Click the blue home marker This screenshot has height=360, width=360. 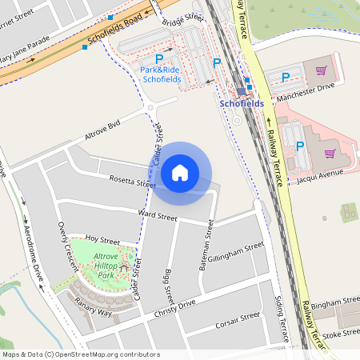180,173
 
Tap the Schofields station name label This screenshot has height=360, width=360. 241,104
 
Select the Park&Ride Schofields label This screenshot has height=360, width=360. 160,74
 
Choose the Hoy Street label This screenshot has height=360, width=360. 102,240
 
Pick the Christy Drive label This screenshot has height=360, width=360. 175,308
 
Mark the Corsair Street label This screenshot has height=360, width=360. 238,322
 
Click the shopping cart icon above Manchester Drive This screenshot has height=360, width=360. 321,70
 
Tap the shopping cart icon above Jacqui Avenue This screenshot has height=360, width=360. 330,152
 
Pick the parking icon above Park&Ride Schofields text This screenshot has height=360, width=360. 158,58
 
